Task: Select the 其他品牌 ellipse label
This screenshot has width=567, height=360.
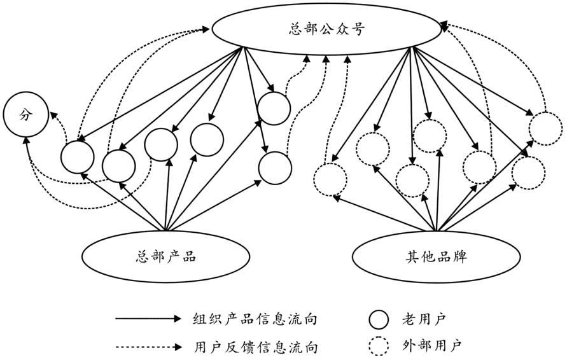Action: [x=435, y=258]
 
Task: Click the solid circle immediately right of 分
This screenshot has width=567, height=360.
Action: [x=78, y=155]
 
